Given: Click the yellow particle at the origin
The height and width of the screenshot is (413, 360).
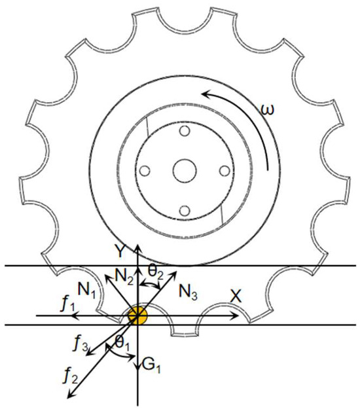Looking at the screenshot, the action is (x=137, y=315).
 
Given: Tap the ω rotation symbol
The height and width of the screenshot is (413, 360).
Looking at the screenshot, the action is (x=267, y=109).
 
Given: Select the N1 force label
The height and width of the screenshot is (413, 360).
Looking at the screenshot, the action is (x=87, y=290).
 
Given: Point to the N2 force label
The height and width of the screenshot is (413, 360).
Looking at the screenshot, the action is (x=124, y=277).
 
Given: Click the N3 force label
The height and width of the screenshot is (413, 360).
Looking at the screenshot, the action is (x=188, y=292).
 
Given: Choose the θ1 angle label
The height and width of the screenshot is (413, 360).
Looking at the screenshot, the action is (x=122, y=344).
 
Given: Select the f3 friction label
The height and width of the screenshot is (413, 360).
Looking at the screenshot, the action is (x=80, y=344).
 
